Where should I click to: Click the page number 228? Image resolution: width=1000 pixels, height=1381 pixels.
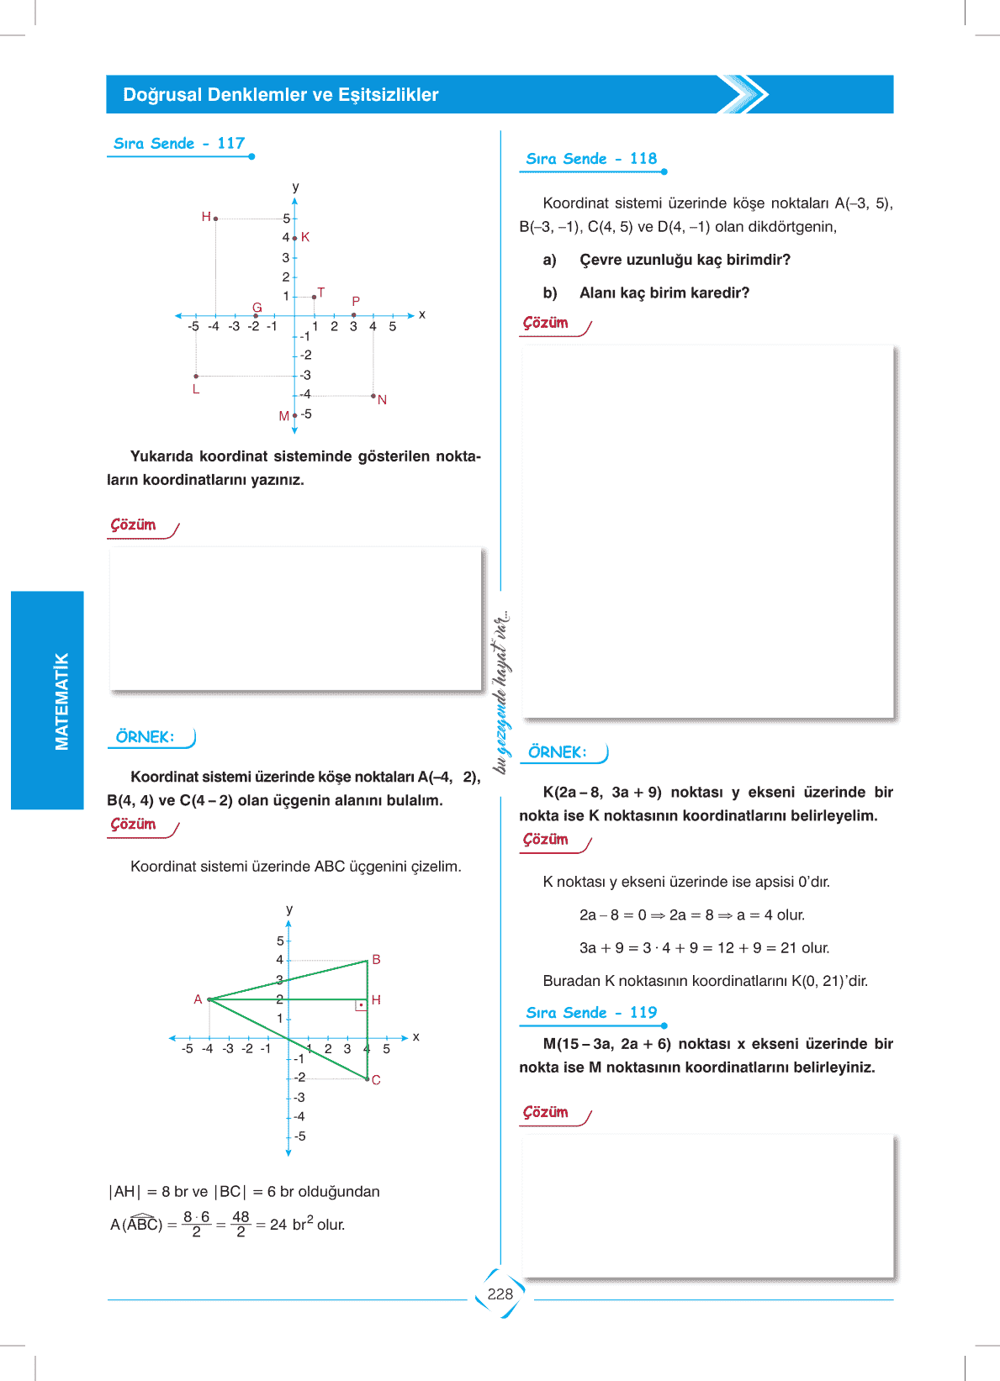pyautogui.click(x=500, y=1294)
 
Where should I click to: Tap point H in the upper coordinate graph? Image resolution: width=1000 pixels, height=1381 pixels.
pyautogui.click(x=215, y=219)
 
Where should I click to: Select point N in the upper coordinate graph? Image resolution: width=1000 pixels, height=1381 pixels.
pyautogui.click(x=373, y=395)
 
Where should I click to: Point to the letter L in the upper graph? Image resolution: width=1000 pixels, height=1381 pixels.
pyautogui.click(x=196, y=389)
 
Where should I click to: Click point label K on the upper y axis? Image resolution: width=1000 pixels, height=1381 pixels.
pyautogui.click(x=305, y=237)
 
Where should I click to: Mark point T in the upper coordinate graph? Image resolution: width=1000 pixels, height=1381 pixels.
pyautogui.click(x=315, y=297)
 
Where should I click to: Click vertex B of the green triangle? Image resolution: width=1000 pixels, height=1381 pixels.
pyautogui.click(x=368, y=961)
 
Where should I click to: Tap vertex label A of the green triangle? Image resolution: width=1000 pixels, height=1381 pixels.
pyautogui.click(x=198, y=999)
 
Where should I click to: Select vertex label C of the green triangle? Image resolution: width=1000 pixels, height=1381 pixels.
pyautogui.click(x=376, y=1080)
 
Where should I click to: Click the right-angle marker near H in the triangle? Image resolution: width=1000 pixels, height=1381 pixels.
pyautogui.click(x=361, y=1005)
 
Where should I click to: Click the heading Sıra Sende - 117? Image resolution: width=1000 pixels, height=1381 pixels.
pyautogui.click(x=179, y=144)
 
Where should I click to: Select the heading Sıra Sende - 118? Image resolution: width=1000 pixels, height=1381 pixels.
pyautogui.click(x=591, y=159)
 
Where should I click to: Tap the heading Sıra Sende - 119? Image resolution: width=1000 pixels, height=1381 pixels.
pyautogui.click(x=591, y=1013)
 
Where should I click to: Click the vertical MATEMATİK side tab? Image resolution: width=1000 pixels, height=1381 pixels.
pyautogui.click(x=61, y=701)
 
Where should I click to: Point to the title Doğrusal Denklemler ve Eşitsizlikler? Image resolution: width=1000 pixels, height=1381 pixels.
pyautogui.click(x=281, y=95)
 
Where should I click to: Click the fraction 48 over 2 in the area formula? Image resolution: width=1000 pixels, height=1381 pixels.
pyautogui.click(x=241, y=1224)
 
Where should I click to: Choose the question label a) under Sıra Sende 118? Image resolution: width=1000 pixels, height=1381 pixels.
pyautogui.click(x=549, y=260)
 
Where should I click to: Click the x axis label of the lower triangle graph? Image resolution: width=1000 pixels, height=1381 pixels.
pyautogui.click(x=416, y=1037)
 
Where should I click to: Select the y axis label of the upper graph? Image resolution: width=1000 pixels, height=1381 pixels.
pyautogui.click(x=295, y=187)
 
